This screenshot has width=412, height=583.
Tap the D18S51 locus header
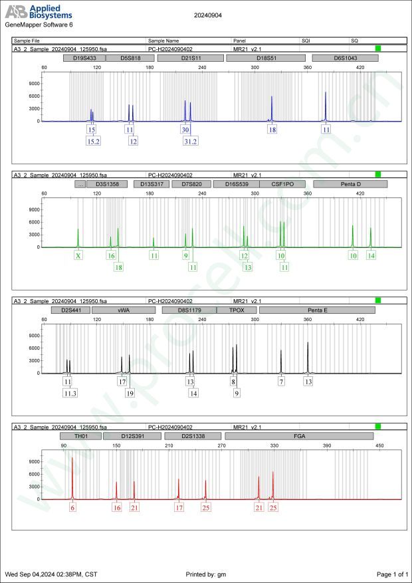pos(266,58)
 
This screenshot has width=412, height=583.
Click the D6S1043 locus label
pos(346,58)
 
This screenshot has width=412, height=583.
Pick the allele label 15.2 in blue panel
pos(93,141)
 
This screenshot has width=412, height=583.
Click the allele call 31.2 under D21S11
pos(191,141)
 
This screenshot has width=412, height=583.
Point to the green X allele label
pos(78,255)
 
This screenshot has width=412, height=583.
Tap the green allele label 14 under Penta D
pos(371,255)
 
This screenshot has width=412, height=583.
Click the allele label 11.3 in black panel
pos(70,393)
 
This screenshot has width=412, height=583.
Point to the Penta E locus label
pos(317,310)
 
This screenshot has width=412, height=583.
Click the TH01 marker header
pos(80,435)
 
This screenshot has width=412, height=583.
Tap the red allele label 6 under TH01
pos(73,507)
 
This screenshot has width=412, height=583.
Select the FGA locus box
pos(300,435)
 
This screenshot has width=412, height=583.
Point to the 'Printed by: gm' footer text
pos(209,574)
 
